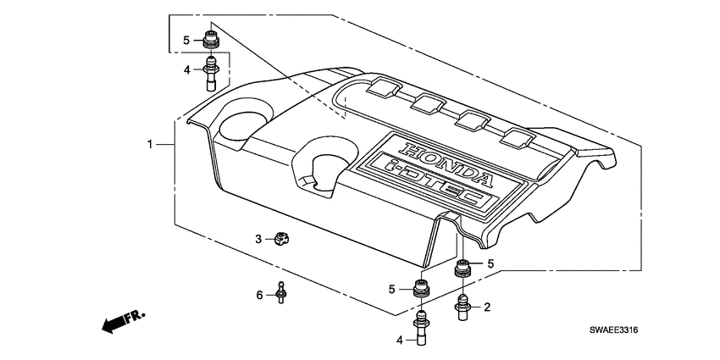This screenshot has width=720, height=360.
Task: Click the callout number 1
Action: (x=150, y=145)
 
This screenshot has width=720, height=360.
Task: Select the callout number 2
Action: (x=487, y=307)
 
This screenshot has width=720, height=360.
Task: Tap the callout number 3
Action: (x=259, y=241)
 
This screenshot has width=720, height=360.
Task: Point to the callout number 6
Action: (x=259, y=294)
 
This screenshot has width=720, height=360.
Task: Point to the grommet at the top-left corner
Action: (x=210, y=40)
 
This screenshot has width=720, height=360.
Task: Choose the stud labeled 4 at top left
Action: (x=210, y=71)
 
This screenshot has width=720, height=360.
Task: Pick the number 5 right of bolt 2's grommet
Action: (x=489, y=264)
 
